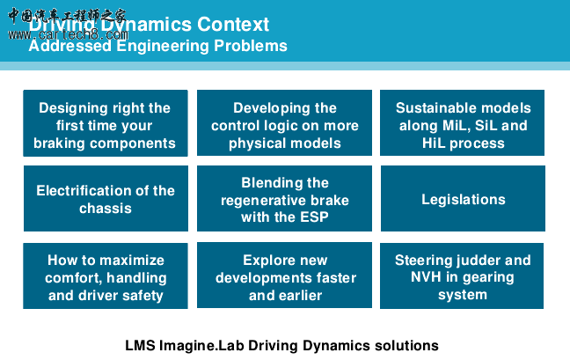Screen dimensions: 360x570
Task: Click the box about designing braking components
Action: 105,123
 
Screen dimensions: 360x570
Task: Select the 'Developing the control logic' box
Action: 284,123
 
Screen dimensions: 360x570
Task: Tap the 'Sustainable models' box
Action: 463,123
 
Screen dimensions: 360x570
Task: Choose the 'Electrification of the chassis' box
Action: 105,199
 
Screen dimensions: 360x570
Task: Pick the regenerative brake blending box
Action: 284,199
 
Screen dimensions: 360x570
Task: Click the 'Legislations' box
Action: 463,199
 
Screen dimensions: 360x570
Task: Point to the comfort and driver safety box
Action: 105,276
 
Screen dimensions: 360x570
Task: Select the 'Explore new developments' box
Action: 284,276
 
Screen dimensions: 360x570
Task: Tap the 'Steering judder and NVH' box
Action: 463,276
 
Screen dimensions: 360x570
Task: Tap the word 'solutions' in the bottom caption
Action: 406,345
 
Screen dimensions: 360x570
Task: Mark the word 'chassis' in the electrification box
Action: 105,209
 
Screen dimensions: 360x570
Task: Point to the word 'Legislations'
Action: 463,200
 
